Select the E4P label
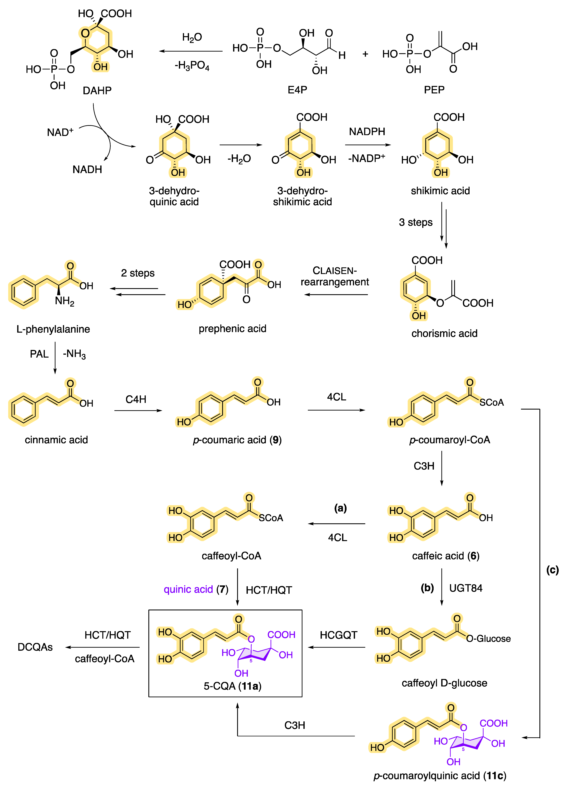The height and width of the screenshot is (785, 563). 297,90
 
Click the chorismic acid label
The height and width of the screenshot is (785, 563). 444,333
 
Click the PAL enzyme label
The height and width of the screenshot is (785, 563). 39,354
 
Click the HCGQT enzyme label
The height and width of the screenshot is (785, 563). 338,635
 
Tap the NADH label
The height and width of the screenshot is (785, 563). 87,170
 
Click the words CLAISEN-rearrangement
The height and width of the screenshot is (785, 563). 334,276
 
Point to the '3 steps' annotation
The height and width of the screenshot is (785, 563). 415,222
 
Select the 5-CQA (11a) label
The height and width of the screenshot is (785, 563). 232,686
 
